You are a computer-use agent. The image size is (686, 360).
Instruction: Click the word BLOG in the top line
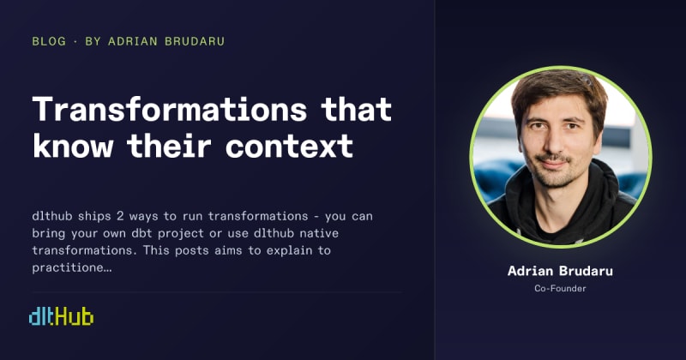[x=49, y=41]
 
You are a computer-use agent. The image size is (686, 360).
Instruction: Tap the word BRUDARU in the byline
[x=195, y=41]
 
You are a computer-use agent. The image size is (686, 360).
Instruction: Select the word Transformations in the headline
[x=170, y=109]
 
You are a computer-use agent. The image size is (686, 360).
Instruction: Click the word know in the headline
[x=73, y=146]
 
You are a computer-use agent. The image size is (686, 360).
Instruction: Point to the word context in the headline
[x=290, y=147]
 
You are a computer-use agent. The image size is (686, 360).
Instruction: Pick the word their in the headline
[x=170, y=146]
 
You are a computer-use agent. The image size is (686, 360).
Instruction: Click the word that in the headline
[x=356, y=109]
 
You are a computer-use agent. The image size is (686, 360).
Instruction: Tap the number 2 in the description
[x=120, y=216]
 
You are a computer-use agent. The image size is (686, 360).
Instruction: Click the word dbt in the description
[x=141, y=233]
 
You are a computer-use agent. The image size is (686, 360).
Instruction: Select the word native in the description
[x=319, y=233]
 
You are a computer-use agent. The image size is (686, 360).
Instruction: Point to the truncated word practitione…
[x=72, y=267]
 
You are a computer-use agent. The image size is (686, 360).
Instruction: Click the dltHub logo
[x=61, y=316]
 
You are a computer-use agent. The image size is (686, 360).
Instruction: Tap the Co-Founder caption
[x=560, y=288]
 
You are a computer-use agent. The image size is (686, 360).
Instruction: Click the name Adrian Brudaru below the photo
[x=560, y=271]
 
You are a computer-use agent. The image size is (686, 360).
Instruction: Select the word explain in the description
[x=290, y=251]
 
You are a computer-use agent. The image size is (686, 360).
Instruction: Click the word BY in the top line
[x=93, y=41]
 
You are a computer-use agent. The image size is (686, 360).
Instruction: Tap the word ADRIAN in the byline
[x=133, y=41]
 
